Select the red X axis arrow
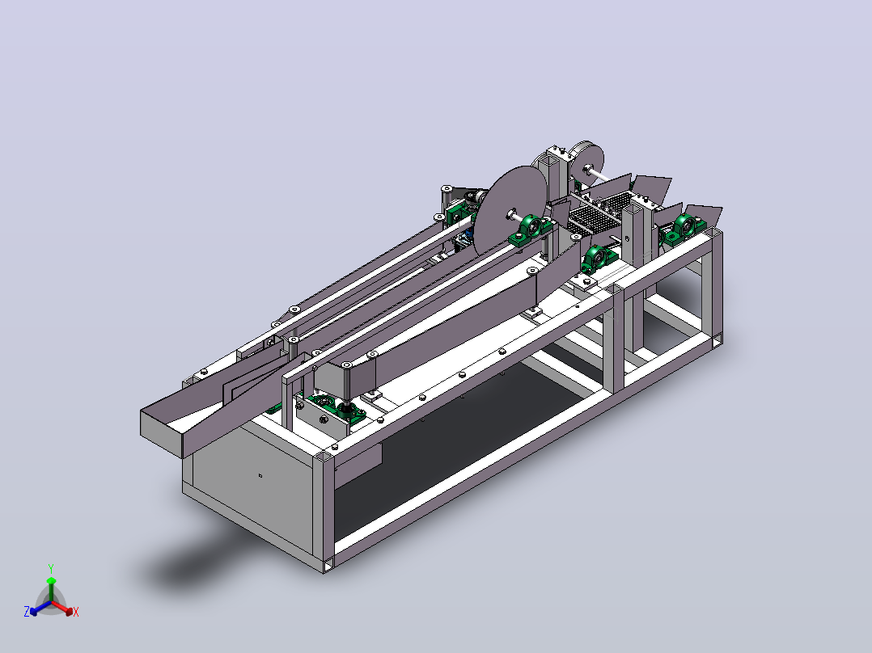pyautogui.click(x=62, y=608)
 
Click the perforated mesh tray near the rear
pyautogui.click(x=603, y=213)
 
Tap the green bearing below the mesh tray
pyautogui.click(x=598, y=259)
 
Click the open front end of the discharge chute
pyautogui.click(x=161, y=433)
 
